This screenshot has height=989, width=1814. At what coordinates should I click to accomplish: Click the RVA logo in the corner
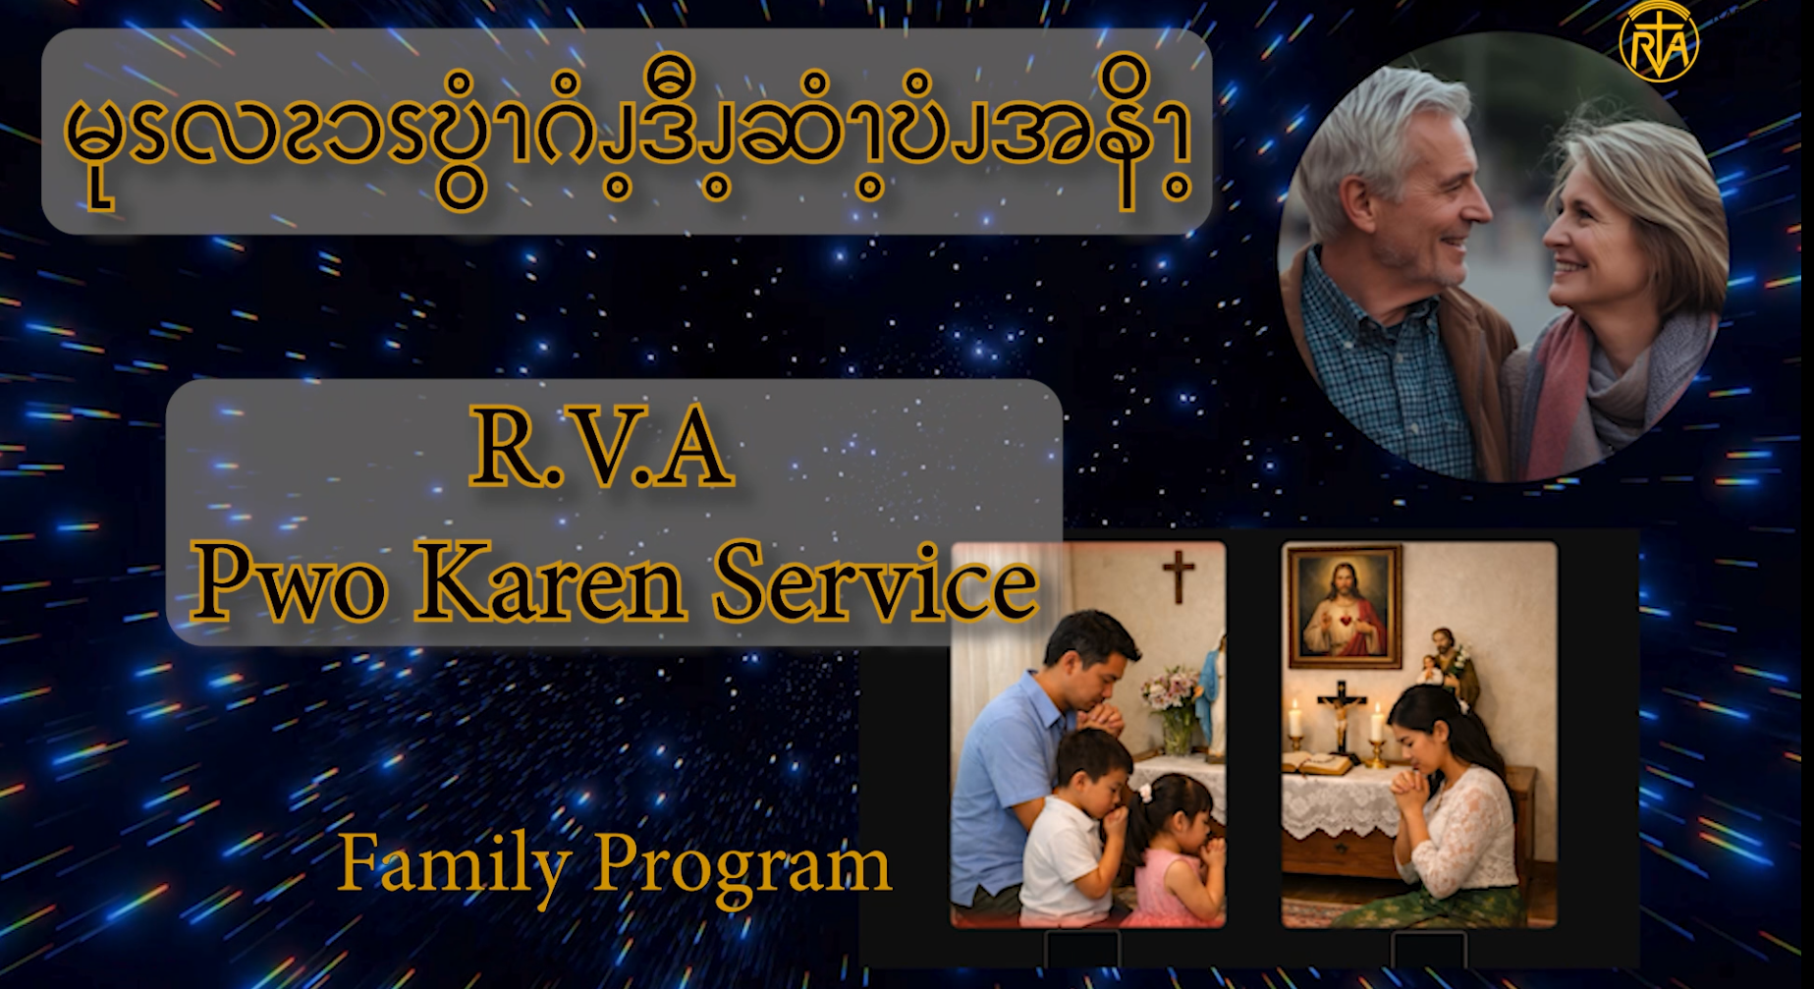coord(1659,40)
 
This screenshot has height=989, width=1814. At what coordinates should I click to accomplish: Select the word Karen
coord(550,581)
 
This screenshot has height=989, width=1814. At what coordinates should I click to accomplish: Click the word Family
coord(454,865)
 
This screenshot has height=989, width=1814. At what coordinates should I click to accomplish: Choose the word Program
coord(742,867)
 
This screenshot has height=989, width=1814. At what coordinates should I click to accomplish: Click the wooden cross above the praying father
coord(1178,575)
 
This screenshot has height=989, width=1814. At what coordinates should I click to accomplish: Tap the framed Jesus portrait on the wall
coord(1346,606)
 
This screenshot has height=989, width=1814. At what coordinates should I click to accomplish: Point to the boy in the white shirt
coord(1074,825)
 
